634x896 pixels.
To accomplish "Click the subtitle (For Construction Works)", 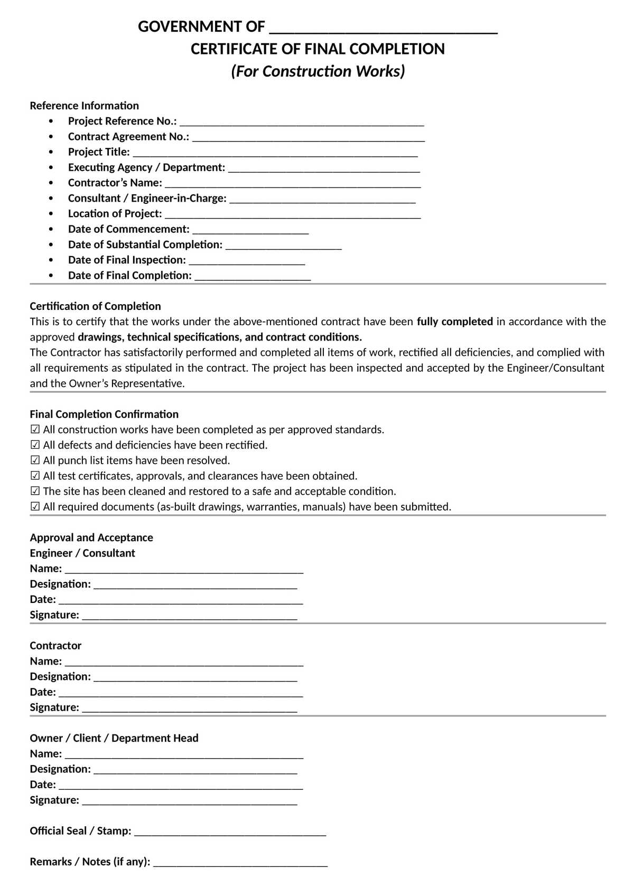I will coord(318,71).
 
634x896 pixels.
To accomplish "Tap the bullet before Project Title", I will coord(51,152).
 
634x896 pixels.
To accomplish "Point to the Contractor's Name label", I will coord(115,183).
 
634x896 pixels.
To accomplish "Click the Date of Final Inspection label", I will coord(127,260).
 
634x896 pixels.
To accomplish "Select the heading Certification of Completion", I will coord(95,306).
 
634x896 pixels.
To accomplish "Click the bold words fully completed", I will coord(454,322).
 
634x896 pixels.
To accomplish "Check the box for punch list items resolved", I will coord(35,460).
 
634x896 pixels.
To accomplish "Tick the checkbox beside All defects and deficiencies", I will coord(35,445).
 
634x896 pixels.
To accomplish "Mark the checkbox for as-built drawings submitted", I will coord(35,507).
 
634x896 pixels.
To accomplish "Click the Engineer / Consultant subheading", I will coord(82,553).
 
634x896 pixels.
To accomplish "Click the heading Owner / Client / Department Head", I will coord(114,738).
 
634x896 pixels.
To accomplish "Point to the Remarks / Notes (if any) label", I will coord(90,862).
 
